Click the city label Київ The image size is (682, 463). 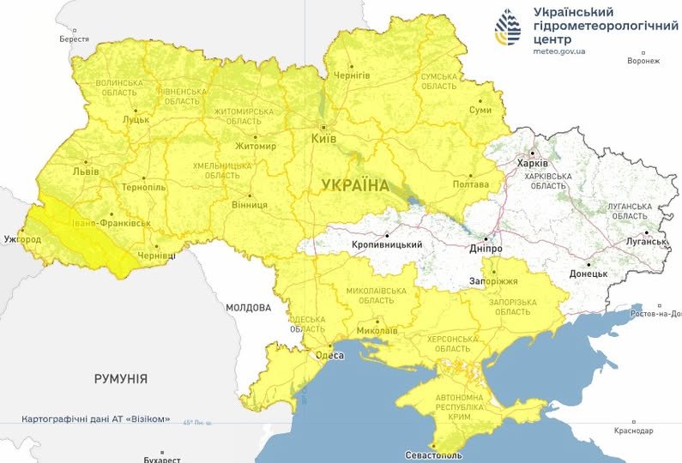tap(323, 137)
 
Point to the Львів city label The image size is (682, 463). tap(86, 171)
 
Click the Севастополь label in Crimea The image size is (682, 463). tap(435, 454)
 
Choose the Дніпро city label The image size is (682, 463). tap(485, 248)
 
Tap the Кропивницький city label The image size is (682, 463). tap(387, 245)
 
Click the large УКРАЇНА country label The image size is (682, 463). tap(355, 185)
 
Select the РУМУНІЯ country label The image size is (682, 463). tap(120, 378)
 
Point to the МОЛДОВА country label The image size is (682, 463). tap(248, 307)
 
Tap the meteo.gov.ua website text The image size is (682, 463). tap(559, 51)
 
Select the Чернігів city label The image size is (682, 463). tap(350, 75)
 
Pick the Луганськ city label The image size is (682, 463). tap(646, 242)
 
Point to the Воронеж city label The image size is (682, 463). tap(643, 61)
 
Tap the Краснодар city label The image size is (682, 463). tap(633, 430)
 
